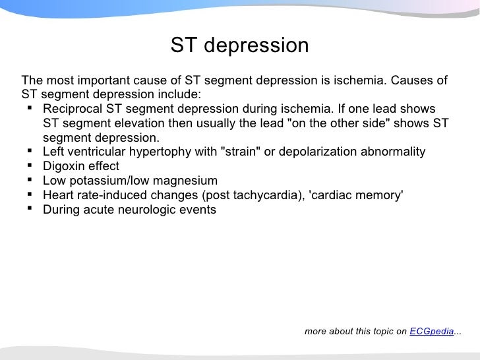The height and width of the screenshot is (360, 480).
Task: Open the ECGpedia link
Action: [431, 332]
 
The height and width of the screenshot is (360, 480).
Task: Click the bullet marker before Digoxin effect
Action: [30, 166]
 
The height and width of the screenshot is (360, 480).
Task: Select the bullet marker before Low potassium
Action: [30, 181]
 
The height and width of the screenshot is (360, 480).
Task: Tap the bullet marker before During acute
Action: [30, 210]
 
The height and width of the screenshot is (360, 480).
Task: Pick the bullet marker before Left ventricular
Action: [30, 152]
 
